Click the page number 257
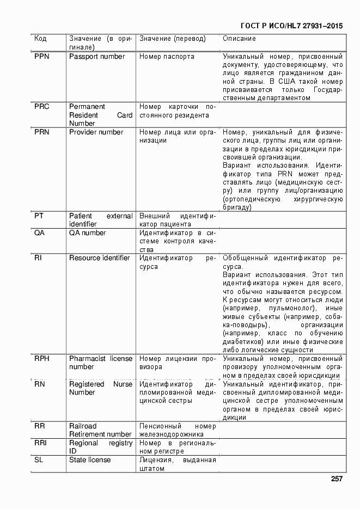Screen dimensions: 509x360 [x=336, y=479]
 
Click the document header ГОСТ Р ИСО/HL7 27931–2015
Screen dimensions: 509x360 [x=291, y=26]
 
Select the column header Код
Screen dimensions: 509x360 [x=40, y=39]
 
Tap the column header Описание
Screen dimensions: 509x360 [x=239, y=39]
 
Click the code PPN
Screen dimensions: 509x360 [x=41, y=57]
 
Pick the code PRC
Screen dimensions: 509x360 [x=41, y=107]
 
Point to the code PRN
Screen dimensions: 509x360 [x=41, y=132]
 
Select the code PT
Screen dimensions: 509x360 [x=39, y=216]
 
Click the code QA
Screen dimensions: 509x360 [x=39, y=233]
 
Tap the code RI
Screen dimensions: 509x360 [x=38, y=258]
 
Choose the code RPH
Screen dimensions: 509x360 [x=41, y=359]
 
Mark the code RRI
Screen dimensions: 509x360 [x=40, y=443]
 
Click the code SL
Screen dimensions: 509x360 [x=38, y=460]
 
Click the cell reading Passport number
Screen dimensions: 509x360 [x=97, y=57]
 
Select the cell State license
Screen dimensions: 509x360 [x=90, y=460]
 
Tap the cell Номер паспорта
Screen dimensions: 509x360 [x=167, y=57]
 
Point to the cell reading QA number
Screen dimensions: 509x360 [x=87, y=233]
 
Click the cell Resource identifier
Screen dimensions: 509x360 [x=100, y=258]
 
